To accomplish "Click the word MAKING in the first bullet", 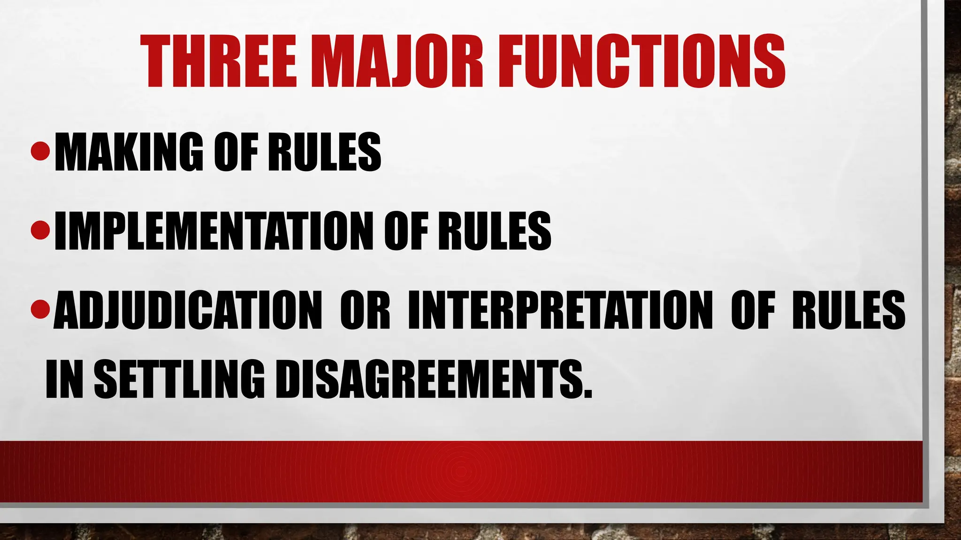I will click(x=130, y=152).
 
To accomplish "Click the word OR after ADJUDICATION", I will click(x=365, y=310).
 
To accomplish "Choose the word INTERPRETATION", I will click(x=560, y=310).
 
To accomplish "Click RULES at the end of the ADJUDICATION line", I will click(x=848, y=310).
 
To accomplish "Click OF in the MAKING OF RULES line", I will click(x=236, y=152).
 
